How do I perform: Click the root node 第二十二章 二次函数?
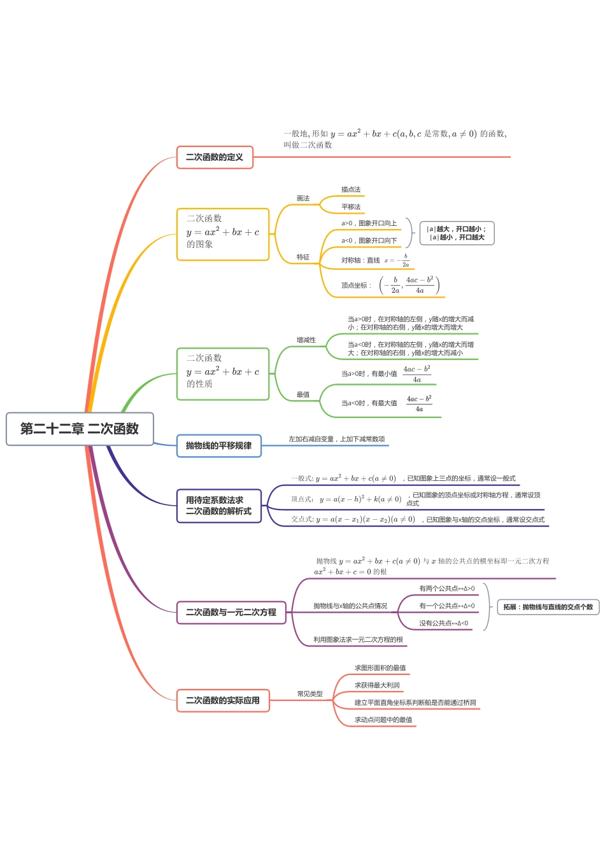(x=80, y=429)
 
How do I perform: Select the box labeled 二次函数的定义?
(x=215, y=157)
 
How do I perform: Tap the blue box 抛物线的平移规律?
(x=218, y=445)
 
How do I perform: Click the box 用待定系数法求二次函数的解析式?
(x=218, y=506)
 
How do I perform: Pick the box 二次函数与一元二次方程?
(x=231, y=612)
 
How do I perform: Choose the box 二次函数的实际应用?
(x=222, y=700)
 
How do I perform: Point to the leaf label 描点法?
(x=351, y=190)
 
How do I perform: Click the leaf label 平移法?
(x=351, y=207)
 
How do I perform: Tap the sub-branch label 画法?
(x=303, y=198)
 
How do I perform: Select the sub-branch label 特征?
(x=303, y=257)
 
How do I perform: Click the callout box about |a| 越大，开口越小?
(x=457, y=233)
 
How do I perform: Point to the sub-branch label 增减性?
(x=306, y=340)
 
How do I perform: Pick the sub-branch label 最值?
(x=303, y=394)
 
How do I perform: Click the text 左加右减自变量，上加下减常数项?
(x=337, y=439)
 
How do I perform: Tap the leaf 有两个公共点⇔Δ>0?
(x=447, y=588)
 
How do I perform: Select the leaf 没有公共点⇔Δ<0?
(x=444, y=623)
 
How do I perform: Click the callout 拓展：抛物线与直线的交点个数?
(x=548, y=607)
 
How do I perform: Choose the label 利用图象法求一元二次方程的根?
(x=359, y=639)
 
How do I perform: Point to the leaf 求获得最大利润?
(x=377, y=685)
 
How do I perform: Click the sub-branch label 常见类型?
(x=310, y=693)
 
